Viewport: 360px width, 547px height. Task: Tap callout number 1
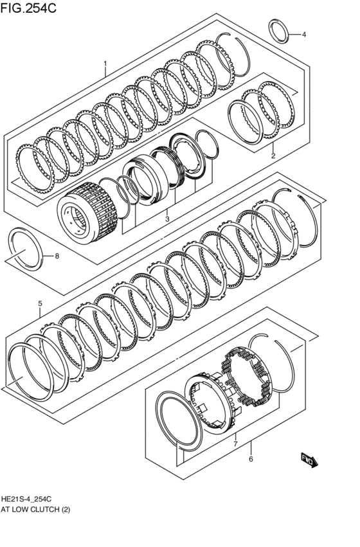(x=105, y=64)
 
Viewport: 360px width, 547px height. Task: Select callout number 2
(x=273, y=156)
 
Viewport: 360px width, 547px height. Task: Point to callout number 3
(x=166, y=219)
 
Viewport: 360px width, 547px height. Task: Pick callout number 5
(x=39, y=303)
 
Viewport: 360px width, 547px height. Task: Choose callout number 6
(x=251, y=459)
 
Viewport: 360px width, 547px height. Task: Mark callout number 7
(x=235, y=444)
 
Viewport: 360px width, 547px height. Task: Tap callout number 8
(x=57, y=256)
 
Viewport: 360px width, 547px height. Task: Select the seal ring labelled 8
(x=26, y=247)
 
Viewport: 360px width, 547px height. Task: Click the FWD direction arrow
(x=309, y=458)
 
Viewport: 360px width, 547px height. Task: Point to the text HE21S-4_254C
(x=26, y=499)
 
